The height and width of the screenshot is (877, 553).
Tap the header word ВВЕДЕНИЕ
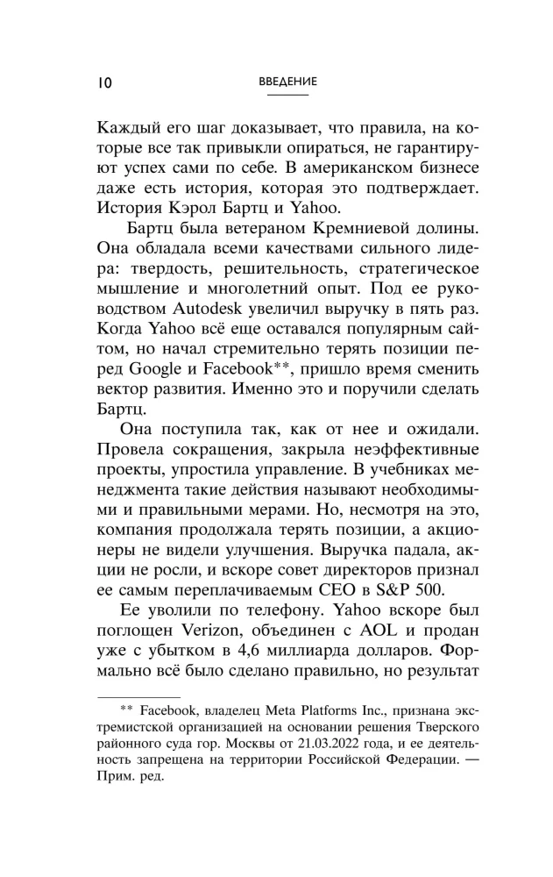tap(287, 81)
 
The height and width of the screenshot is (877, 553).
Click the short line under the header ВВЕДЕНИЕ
tap(287, 94)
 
